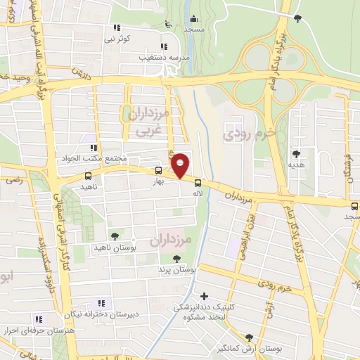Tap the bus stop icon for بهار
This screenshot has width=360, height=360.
(x=158, y=170)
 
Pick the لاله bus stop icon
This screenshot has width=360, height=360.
(x=199, y=180)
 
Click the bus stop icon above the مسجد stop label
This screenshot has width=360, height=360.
(x=354, y=205)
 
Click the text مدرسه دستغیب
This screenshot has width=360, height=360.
(x=163, y=56)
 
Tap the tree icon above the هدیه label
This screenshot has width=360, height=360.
(x=296, y=153)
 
